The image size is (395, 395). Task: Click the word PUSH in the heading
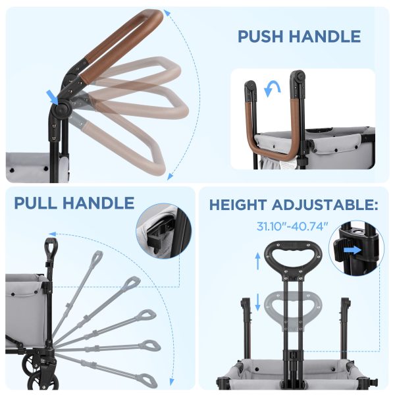tap(263, 36)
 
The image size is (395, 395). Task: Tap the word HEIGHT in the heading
tap(238, 205)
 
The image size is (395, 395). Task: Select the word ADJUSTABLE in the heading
tap(325, 205)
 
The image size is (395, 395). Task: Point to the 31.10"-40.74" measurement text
tap(292, 226)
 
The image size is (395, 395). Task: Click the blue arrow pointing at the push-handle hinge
tap(53, 97)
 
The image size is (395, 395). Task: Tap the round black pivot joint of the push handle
tap(62, 109)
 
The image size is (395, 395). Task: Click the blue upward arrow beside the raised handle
tap(257, 261)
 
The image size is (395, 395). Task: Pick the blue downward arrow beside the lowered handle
tap(257, 302)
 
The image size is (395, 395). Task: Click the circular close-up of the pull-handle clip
tap(163, 231)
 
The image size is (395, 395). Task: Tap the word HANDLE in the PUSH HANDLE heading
tap(327, 36)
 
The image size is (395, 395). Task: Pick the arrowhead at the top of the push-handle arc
tap(165, 13)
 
